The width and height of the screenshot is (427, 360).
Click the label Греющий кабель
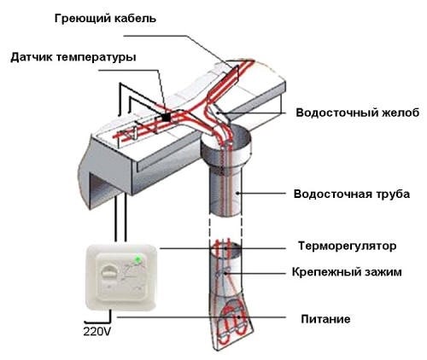(x=105, y=19)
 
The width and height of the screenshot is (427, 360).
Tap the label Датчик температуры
(x=73, y=57)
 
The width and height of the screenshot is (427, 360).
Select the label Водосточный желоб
(x=358, y=113)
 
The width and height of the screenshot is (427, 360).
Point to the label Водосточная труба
(x=352, y=195)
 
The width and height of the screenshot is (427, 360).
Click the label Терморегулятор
(x=347, y=246)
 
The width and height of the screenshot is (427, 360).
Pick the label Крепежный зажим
(x=347, y=272)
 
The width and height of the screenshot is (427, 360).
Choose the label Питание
(x=325, y=319)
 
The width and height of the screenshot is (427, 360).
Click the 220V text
(x=97, y=331)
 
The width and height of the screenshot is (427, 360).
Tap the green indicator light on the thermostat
(x=138, y=259)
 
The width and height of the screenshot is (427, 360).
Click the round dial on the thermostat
(x=110, y=271)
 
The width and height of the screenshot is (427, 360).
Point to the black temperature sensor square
(x=166, y=117)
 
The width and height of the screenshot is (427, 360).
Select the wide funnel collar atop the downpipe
(x=226, y=149)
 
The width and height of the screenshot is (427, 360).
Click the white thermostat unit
(x=121, y=276)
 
